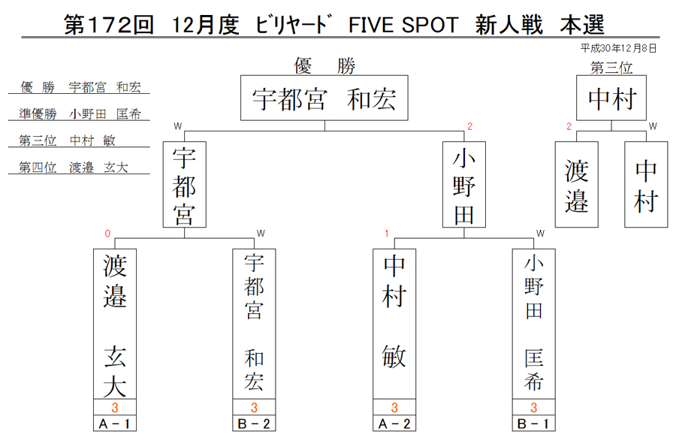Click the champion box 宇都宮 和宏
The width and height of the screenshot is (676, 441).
tap(324, 98)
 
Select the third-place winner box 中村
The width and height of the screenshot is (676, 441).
tap(611, 98)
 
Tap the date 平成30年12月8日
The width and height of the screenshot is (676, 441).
tap(618, 48)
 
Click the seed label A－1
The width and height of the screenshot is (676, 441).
tap(115, 423)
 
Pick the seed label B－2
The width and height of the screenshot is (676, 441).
tap(254, 423)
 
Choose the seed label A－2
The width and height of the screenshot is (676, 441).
tap(394, 423)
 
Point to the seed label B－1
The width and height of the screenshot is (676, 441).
tap(534, 423)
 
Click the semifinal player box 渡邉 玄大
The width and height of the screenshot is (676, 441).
tap(115, 324)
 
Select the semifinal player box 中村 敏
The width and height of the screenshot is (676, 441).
tap(394, 324)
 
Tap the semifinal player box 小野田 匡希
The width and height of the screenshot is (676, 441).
tap(534, 324)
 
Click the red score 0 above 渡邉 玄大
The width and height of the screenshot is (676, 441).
tap(107, 234)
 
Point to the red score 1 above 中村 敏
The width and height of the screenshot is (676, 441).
tap(387, 234)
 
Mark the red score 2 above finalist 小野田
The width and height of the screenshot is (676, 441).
tap(470, 126)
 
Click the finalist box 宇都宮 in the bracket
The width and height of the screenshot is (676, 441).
tap(185, 185)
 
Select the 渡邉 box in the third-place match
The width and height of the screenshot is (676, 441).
tap(576, 185)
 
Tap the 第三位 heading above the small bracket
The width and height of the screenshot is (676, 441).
tap(611, 68)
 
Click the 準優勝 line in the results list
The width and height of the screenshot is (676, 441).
tap(80, 113)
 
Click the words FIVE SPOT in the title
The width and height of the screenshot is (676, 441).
tap(403, 25)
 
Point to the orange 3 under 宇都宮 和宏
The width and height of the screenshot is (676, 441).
tap(254, 407)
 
